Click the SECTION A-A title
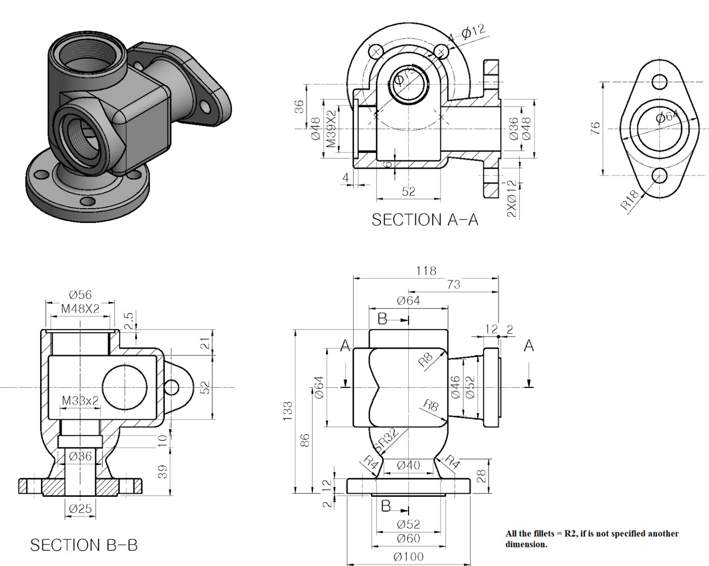click(x=425, y=220)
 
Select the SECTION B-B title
click(x=84, y=545)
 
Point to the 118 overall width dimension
click(x=426, y=271)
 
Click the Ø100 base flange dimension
click(x=408, y=557)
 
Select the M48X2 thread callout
click(x=80, y=309)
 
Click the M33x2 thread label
click(x=80, y=400)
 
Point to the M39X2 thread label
click(x=331, y=129)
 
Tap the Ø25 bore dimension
click(x=80, y=509)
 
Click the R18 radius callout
click(x=630, y=200)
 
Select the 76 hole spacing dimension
click(x=595, y=128)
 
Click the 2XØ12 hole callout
click(x=512, y=199)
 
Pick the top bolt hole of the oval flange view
click(x=659, y=82)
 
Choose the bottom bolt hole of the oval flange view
click(x=659, y=175)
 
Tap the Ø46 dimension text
click(x=455, y=387)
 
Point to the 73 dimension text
click(x=453, y=284)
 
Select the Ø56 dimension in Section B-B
click(x=80, y=295)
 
